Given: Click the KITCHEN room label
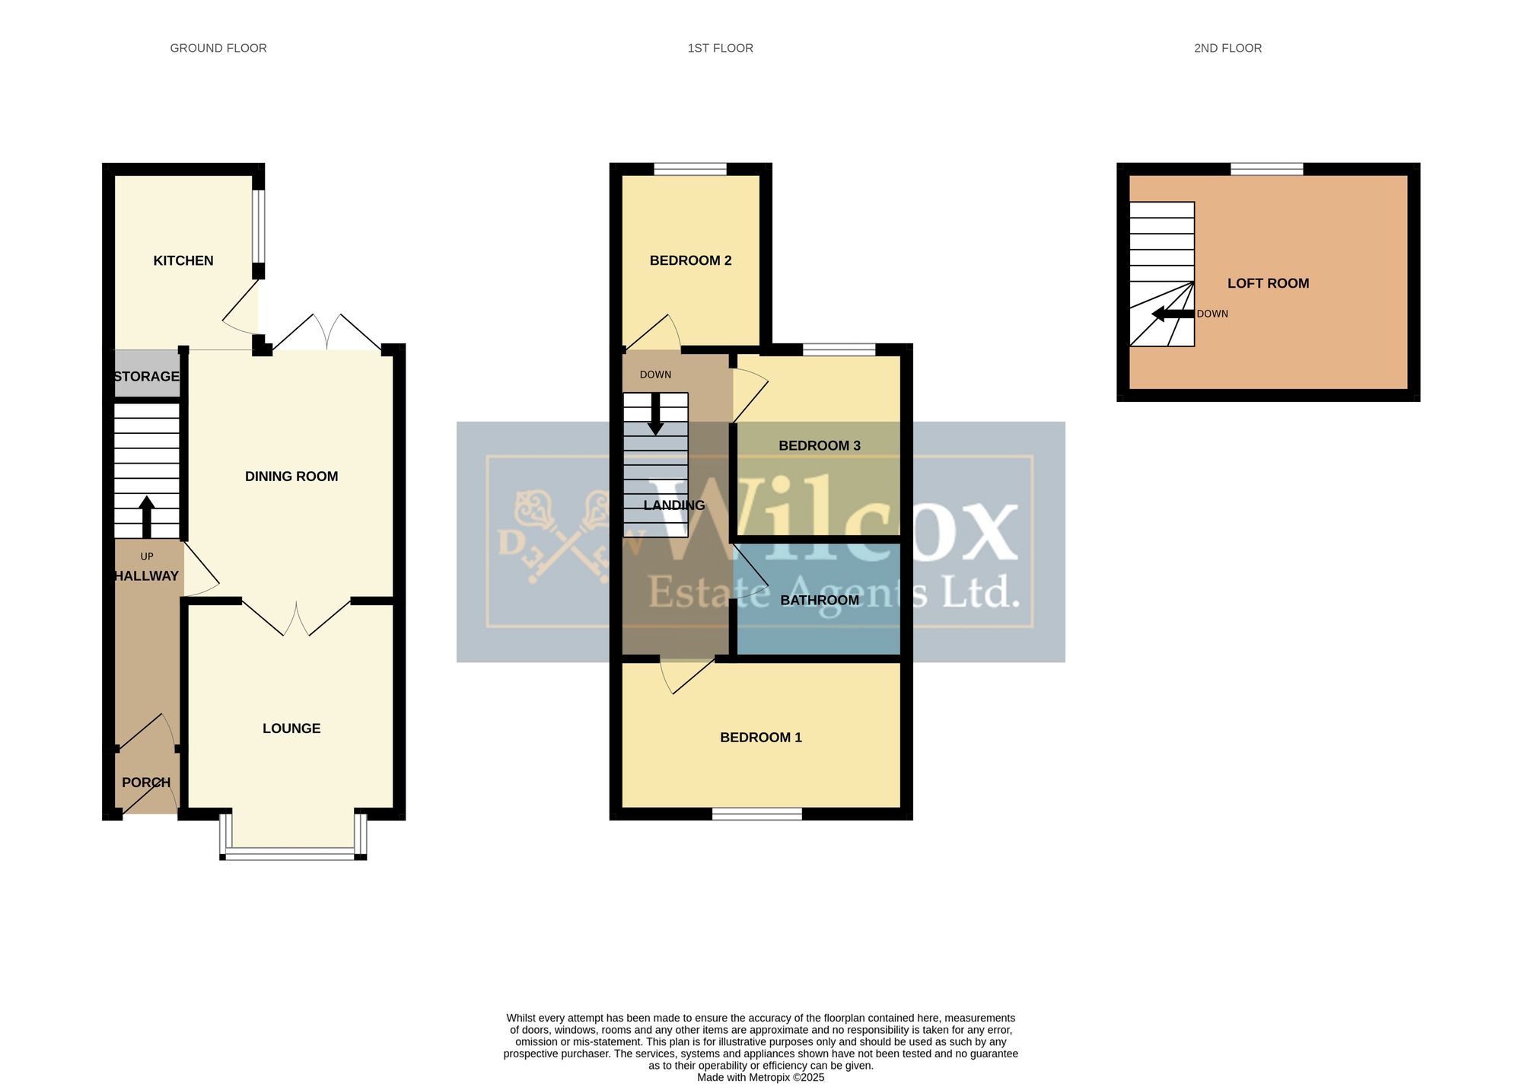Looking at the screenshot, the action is (x=183, y=260).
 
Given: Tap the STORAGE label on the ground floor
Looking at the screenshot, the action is (x=146, y=376).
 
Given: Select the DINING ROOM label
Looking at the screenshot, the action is (x=291, y=477).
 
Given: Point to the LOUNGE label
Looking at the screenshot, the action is (x=291, y=729).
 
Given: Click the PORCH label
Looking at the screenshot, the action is (x=146, y=783).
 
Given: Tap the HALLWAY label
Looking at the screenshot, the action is (x=146, y=576).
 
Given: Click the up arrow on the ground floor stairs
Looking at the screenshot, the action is (x=147, y=518).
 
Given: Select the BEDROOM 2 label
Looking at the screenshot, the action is (x=690, y=260).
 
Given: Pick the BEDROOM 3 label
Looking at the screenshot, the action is (x=820, y=445).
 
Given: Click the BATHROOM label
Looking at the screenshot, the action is (x=820, y=600).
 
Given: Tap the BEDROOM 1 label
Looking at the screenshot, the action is (x=761, y=738).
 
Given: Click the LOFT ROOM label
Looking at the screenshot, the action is (x=1269, y=283).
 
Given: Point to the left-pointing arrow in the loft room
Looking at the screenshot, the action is (x=1173, y=314).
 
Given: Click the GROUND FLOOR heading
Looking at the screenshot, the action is (x=218, y=48).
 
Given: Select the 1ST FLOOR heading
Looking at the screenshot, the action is (x=721, y=48).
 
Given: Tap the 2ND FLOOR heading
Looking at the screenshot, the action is (x=1228, y=48).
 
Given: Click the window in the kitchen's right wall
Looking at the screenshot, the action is (x=259, y=226).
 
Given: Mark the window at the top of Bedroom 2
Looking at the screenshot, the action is (x=690, y=169).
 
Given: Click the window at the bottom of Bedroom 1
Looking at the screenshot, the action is (x=757, y=814).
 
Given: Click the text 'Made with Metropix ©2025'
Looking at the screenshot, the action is (x=761, y=1077).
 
